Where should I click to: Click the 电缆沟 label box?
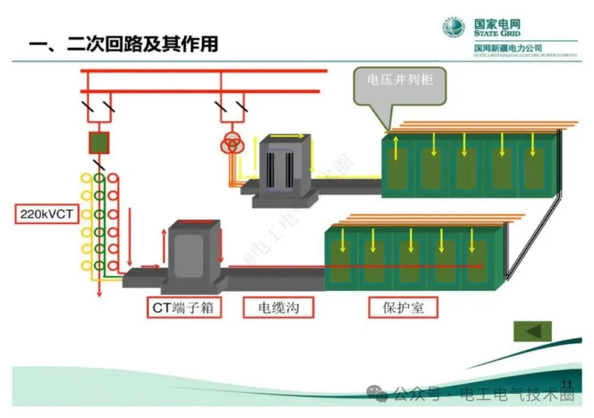[x=278, y=307]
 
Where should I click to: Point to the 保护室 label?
[x=403, y=307]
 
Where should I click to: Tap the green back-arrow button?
[x=532, y=331]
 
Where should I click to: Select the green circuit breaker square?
[x=100, y=142]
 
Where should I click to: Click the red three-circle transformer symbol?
[x=232, y=145]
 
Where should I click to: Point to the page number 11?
[x=567, y=384]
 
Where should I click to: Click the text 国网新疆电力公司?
[x=508, y=49]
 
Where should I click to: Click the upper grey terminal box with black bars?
[x=284, y=165]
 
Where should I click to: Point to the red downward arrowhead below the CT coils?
[x=100, y=293]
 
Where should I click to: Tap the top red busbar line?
[x=204, y=71]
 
